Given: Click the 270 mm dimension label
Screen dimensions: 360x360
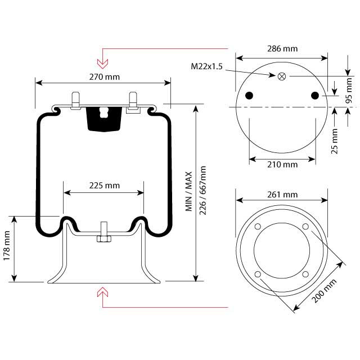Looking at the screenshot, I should [x=104, y=76].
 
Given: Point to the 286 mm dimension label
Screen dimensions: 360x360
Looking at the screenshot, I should [x=282, y=49].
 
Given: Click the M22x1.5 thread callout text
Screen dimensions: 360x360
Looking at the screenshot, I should [x=207, y=67].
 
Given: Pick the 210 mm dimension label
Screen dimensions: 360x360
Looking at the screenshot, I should [x=282, y=164].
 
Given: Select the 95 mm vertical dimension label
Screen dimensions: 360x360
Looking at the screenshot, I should [x=349, y=90].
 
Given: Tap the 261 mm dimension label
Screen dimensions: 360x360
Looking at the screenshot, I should [x=282, y=195].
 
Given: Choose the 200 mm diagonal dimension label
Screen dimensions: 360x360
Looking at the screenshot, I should [x=324, y=291].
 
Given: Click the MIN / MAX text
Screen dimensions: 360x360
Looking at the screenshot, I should [x=190, y=192].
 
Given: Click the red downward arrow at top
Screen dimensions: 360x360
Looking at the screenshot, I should [x=102, y=57].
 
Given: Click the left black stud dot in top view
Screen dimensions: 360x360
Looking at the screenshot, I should [x=250, y=94].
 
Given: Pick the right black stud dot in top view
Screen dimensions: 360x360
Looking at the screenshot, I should [x=314, y=94].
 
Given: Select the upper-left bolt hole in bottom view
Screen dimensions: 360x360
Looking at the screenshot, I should [x=258, y=227].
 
